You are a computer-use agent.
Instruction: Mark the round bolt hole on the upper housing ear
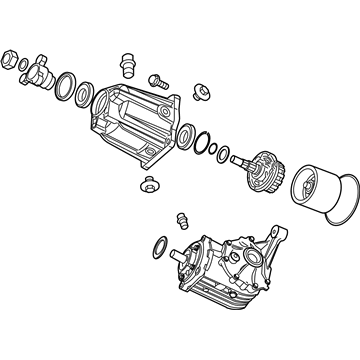[x=197, y=97]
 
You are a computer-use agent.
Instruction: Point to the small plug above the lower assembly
[x=181, y=220]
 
